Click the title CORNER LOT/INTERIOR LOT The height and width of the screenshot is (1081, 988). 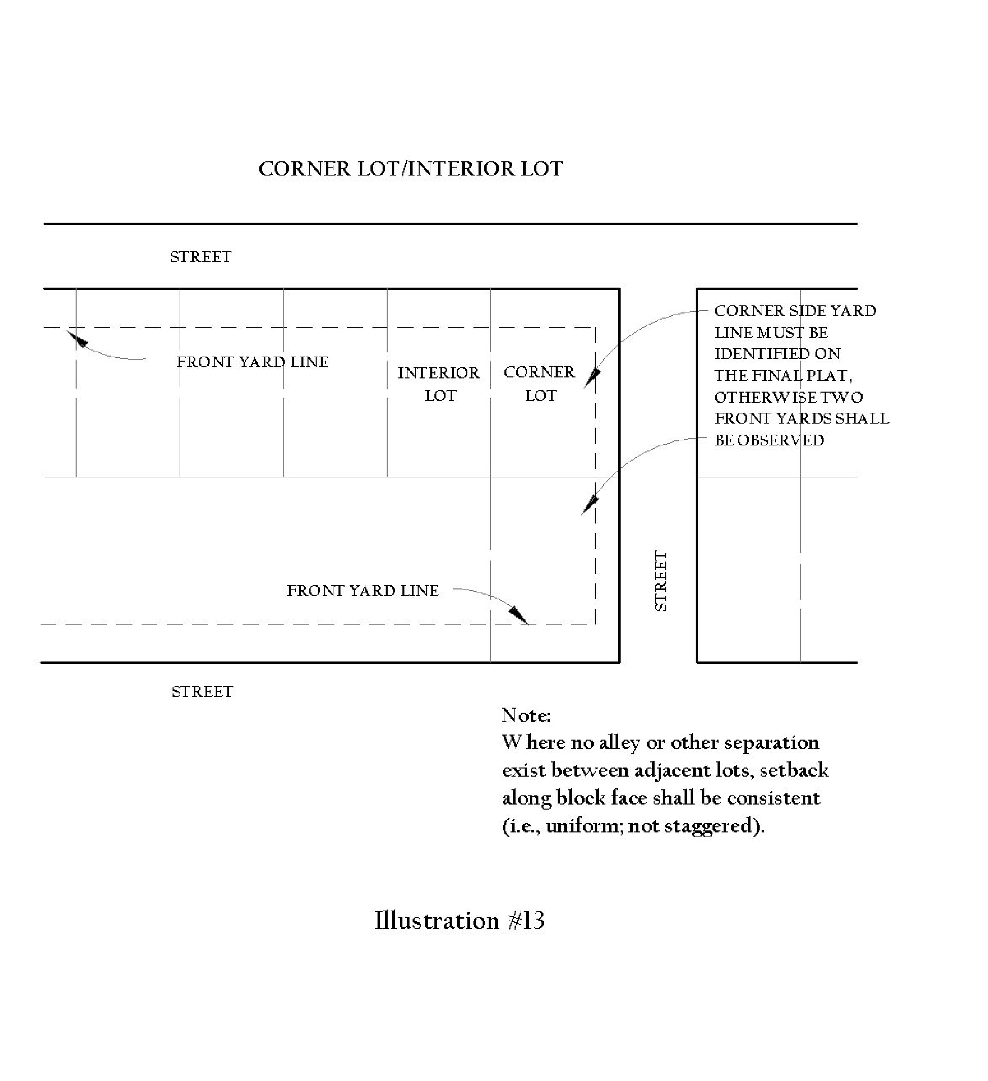point(411,169)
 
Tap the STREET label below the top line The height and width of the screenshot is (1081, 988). point(200,257)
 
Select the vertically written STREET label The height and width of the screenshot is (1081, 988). point(661,581)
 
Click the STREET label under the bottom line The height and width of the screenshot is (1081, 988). point(202,692)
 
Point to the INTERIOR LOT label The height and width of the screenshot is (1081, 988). point(438,384)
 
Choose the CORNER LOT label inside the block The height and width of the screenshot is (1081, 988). point(539,383)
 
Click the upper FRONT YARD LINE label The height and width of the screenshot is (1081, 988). point(252,362)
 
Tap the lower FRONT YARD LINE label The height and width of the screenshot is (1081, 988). point(363,590)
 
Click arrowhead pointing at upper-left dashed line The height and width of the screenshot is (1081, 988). point(78,339)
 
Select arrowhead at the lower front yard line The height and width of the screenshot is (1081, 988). point(519,614)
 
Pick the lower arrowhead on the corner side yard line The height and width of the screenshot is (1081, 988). point(590,504)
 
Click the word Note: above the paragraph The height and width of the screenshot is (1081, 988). point(526,715)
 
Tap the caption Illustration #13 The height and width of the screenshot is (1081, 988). point(459,920)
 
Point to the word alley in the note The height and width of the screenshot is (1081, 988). point(619,743)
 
